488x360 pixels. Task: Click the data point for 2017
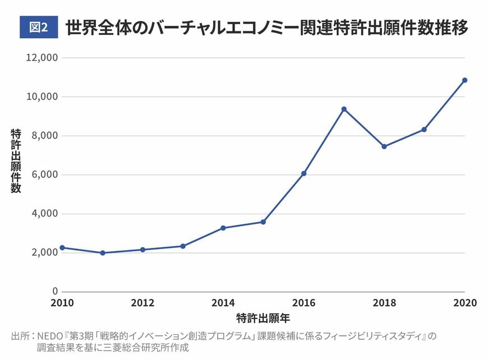click(344, 109)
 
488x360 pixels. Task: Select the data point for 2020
click(464, 80)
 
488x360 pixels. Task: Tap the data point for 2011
click(103, 253)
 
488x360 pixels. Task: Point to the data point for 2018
click(384, 147)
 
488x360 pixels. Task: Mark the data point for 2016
click(303, 174)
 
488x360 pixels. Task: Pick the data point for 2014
click(223, 228)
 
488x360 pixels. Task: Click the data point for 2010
click(63, 247)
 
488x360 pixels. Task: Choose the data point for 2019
click(424, 130)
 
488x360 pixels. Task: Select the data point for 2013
click(183, 246)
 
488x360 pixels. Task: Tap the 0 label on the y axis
click(55, 292)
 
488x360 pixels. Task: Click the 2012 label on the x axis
click(143, 303)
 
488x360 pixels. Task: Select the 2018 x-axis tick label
click(384, 303)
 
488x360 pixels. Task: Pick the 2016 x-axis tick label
click(303, 303)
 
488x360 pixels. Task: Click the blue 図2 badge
click(39, 27)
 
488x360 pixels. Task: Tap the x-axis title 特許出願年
click(263, 319)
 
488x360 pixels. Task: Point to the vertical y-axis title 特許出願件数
click(16, 161)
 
